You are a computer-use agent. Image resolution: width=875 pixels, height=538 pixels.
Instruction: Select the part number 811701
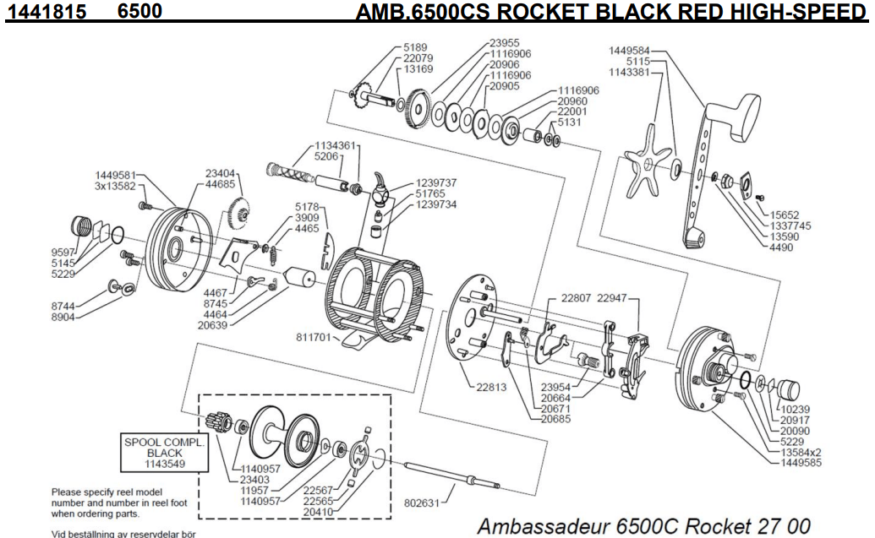[313, 338]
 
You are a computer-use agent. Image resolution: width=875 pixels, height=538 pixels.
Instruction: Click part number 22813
[489, 389]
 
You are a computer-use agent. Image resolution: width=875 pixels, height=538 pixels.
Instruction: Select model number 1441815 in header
[37, 11]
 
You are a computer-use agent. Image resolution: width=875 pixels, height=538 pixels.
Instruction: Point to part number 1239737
[435, 183]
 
